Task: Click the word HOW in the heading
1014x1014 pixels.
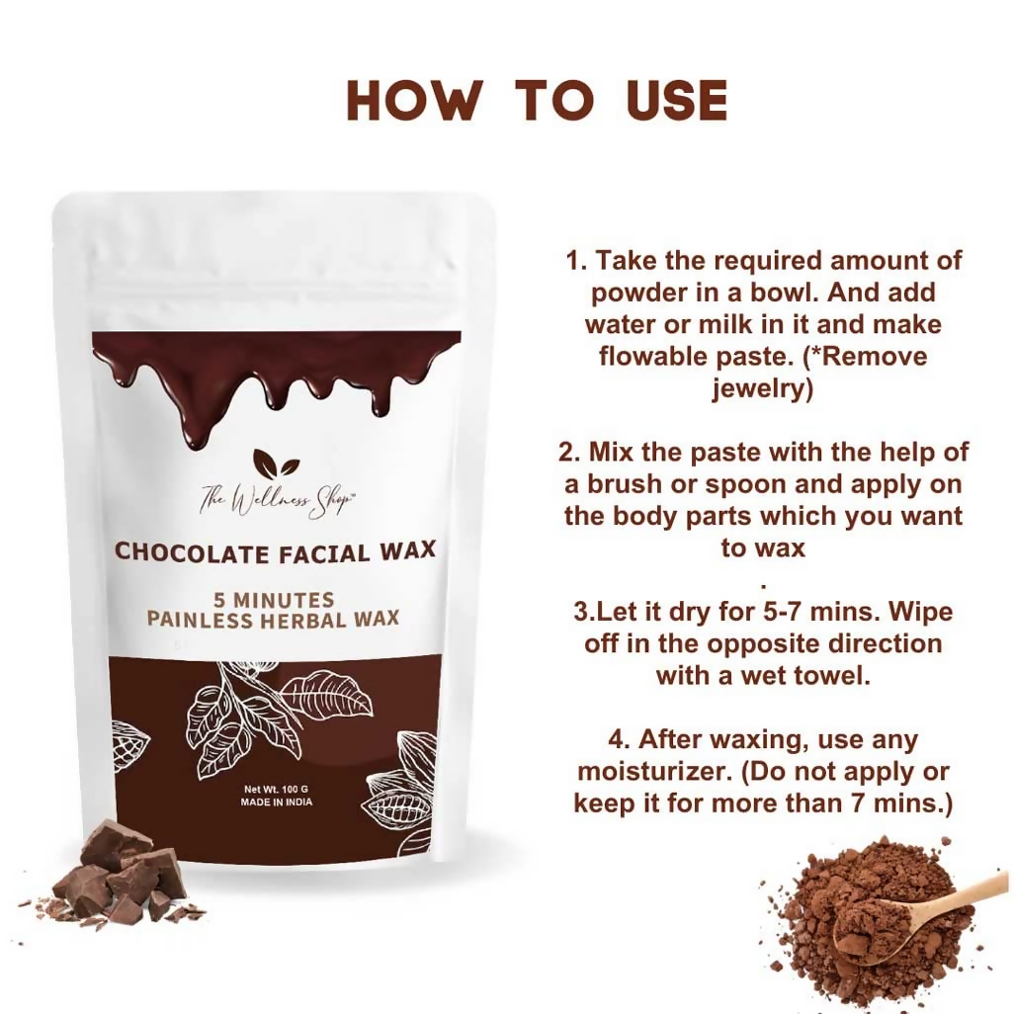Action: coord(414,100)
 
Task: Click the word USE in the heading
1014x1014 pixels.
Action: coord(677,100)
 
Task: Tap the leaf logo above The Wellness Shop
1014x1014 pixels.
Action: coord(276,464)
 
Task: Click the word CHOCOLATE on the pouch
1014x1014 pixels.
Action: coord(191,550)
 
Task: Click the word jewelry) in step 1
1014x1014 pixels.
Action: coord(762,388)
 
